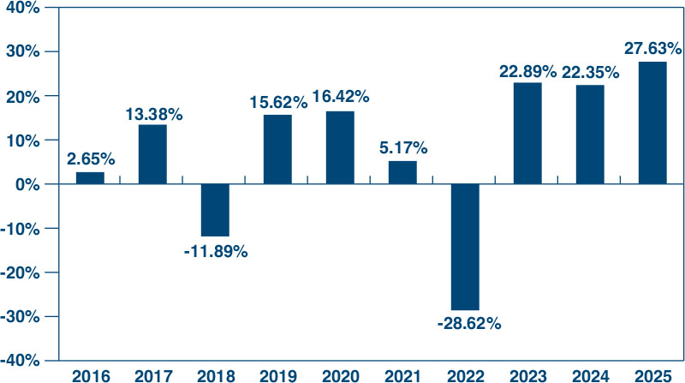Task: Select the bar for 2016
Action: click(90, 178)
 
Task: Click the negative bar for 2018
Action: click(215, 210)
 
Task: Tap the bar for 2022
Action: click(465, 247)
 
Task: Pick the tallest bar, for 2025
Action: click(652, 123)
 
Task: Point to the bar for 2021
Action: click(402, 173)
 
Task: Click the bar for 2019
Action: click(277, 150)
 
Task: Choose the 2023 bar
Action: click(527, 134)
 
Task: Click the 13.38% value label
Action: click(154, 115)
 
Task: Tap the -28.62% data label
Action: click(468, 324)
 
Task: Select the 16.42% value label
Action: click(341, 96)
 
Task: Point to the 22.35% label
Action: click(590, 73)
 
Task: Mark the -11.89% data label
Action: click(216, 252)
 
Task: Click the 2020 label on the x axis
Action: click(340, 376)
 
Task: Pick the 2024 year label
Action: click(591, 376)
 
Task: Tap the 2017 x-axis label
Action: click(153, 376)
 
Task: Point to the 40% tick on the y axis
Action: click(23, 8)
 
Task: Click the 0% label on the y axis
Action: click(27, 184)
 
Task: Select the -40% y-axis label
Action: click(20, 361)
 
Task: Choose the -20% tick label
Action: click(20, 272)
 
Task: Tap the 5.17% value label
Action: click(403, 148)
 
